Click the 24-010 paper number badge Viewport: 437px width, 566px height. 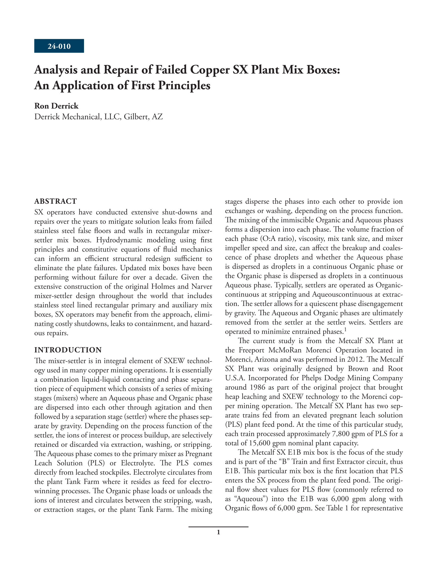(59, 46)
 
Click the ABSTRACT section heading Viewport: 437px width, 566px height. (56, 201)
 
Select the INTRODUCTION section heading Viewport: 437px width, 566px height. (68, 350)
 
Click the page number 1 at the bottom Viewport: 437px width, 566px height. (218, 532)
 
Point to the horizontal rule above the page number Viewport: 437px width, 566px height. (218, 527)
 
